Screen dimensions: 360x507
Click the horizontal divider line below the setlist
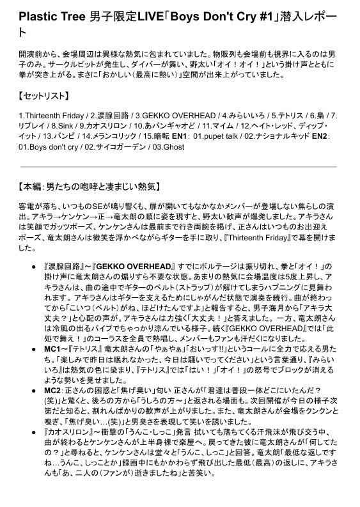180,167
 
